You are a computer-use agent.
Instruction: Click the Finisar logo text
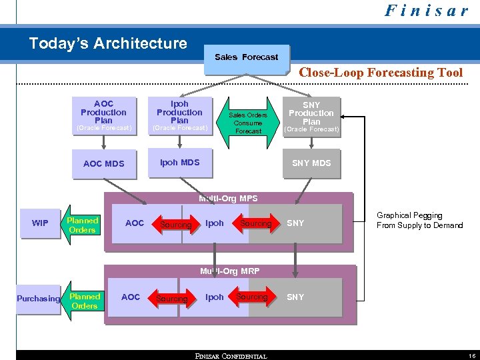(426, 11)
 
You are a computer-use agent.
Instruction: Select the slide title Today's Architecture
(108, 44)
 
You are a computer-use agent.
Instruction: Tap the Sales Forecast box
(246, 57)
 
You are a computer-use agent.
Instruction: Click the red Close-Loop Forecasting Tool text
(381, 73)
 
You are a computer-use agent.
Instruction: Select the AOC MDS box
(103, 163)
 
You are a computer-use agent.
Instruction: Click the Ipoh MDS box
(180, 163)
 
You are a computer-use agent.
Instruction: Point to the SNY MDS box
(311, 163)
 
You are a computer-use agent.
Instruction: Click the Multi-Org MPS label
(228, 199)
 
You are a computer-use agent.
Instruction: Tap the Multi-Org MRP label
(229, 271)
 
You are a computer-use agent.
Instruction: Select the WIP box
(40, 223)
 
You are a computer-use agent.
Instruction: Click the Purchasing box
(38, 299)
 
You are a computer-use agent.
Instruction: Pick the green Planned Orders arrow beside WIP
(82, 225)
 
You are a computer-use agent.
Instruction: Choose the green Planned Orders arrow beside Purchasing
(84, 301)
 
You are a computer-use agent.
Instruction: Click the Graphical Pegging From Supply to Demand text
(419, 221)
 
